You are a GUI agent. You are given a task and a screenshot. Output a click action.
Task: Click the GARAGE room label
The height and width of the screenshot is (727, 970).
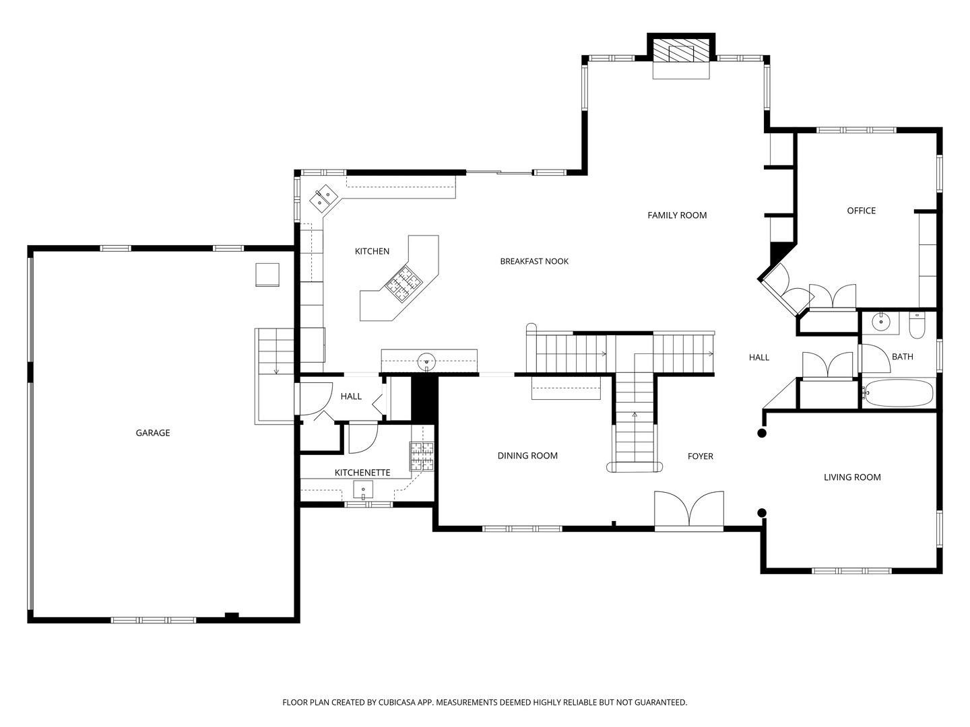(x=153, y=433)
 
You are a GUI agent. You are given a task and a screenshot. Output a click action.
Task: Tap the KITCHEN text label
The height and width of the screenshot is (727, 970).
(x=372, y=251)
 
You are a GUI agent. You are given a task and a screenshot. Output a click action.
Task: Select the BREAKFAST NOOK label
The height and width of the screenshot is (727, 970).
(x=534, y=261)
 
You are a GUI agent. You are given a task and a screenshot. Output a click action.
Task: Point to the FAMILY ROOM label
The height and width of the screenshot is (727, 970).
(x=677, y=215)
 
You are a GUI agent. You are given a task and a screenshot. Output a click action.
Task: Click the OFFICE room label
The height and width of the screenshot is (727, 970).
(x=861, y=211)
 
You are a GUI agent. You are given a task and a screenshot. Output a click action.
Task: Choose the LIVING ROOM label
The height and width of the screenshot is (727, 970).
(x=852, y=477)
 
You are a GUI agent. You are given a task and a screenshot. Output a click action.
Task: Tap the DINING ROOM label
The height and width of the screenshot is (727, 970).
(x=527, y=456)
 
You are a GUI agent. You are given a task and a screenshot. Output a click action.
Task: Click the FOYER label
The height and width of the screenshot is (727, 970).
(x=700, y=456)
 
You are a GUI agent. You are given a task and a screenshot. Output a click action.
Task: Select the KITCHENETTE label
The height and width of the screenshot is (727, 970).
(x=362, y=473)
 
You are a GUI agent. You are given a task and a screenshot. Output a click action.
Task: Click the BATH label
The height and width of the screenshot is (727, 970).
(x=902, y=357)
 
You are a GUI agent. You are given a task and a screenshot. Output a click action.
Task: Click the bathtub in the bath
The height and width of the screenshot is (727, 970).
(x=899, y=393)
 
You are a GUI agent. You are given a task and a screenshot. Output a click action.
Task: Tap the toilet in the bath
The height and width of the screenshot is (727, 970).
(x=917, y=326)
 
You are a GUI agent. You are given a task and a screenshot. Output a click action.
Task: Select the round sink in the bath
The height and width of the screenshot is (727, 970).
(x=881, y=322)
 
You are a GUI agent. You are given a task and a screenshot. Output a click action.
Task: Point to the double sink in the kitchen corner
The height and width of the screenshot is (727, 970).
(x=323, y=197)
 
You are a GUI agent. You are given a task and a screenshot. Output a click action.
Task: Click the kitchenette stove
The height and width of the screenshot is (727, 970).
(x=422, y=456)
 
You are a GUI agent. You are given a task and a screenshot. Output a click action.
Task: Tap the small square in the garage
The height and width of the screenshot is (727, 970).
(x=267, y=275)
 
